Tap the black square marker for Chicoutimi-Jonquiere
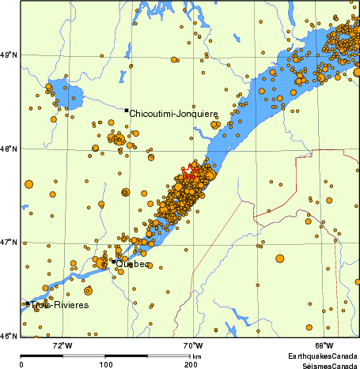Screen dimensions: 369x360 point(126,110)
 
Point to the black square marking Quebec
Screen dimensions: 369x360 point(113,261)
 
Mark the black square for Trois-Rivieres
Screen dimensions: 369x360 point(28,303)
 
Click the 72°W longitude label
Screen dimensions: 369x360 point(62,346)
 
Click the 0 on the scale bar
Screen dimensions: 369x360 point(21,365)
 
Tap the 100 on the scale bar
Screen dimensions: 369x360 point(105,365)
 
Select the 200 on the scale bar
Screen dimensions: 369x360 point(190,365)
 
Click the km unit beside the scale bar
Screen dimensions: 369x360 point(196,357)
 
